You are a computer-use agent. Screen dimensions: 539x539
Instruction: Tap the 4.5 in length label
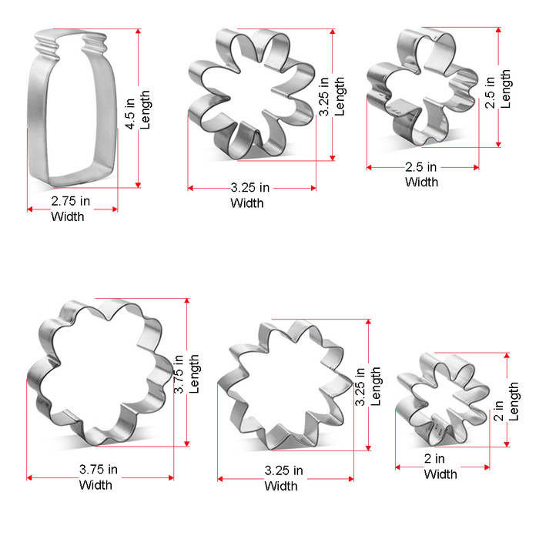tap(131, 110)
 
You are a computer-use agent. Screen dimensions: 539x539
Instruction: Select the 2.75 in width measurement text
tap(71, 201)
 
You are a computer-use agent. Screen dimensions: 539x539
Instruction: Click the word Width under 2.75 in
tap(68, 216)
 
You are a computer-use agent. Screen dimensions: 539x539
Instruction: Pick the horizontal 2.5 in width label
tap(421, 167)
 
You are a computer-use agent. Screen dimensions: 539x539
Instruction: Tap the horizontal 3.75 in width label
tap(99, 469)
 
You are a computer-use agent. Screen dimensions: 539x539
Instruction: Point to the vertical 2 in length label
tap(498, 403)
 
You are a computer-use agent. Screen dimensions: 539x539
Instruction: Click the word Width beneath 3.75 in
tap(95, 484)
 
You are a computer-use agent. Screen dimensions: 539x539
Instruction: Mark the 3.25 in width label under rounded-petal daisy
tap(250, 187)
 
